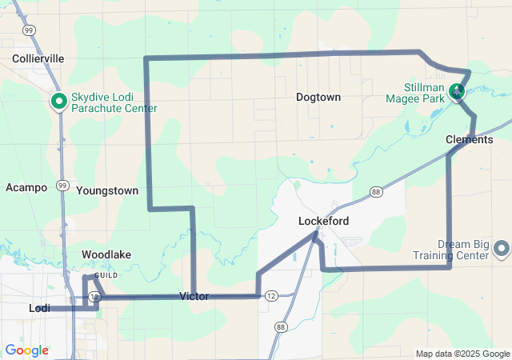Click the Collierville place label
click(38, 58)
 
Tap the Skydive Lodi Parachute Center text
click(113, 102)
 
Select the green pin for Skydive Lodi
click(58, 102)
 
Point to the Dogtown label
click(318, 97)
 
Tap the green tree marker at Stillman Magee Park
click(457, 91)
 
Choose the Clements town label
click(469, 139)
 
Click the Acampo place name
click(26, 187)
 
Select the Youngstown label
click(107, 190)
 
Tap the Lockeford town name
click(323, 220)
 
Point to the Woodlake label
click(106, 254)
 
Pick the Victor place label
click(194, 296)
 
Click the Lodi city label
click(39, 308)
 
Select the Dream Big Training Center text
click(451, 250)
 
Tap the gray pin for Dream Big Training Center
click(502, 248)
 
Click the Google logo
click(26, 350)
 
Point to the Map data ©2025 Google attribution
click(462, 354)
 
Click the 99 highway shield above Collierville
click(29, 30)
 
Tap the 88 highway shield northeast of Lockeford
click(376, 191)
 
